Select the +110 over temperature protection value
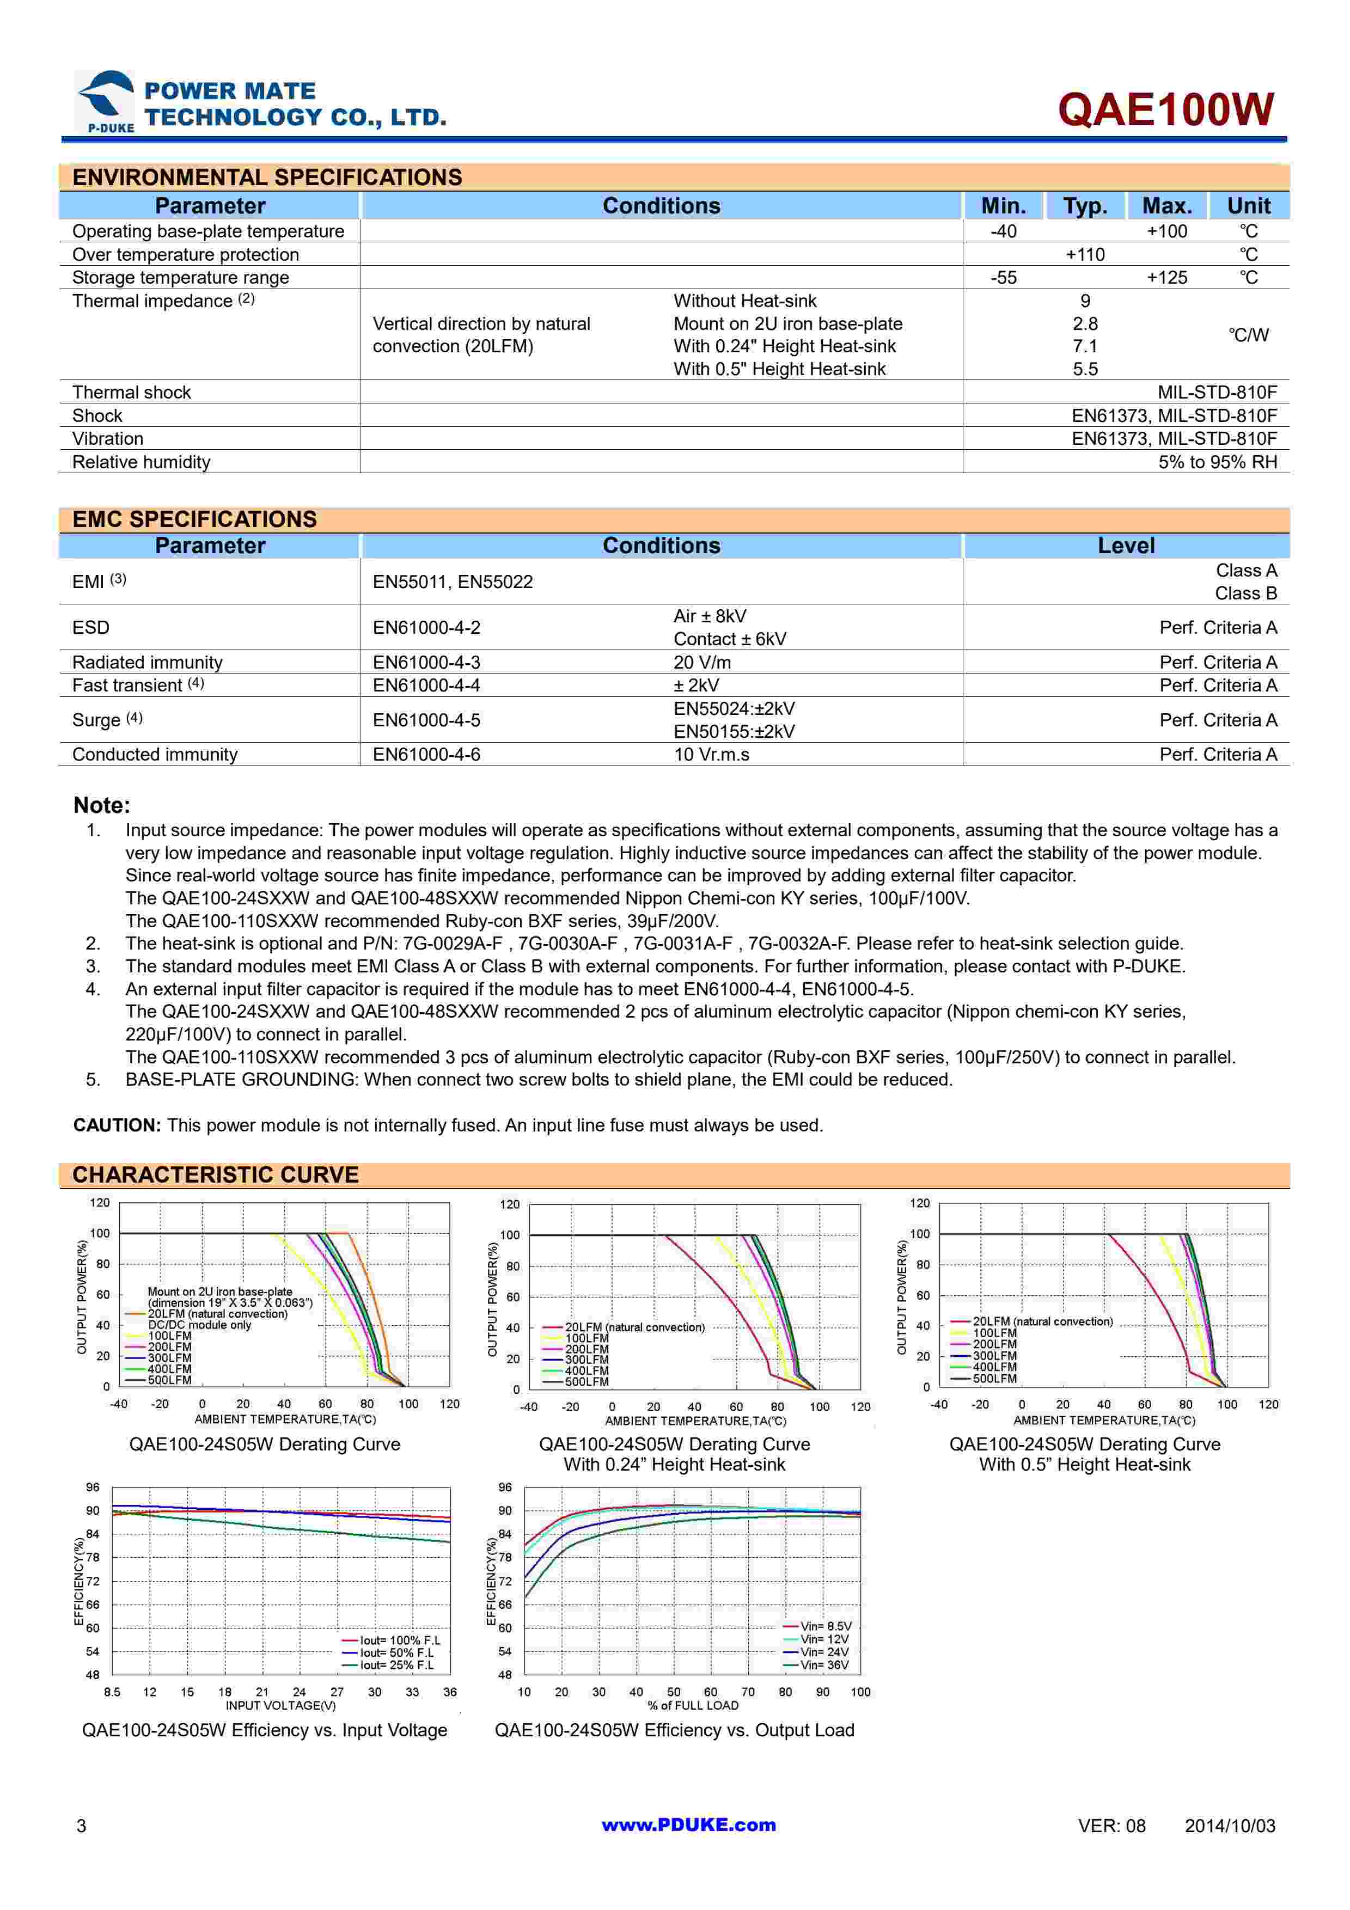pyautogui.click(x=1085, y=255)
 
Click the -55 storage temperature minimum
pyautogui.click(x=1003, y=278)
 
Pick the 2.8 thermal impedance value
pyautogui.click(x=1085, y=323)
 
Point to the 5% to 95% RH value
pyautogui.click(x=1217, y=462)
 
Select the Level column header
pyautogui.click(x=1126, y=546)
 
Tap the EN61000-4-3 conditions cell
pyautogui.click(x=427, y=662)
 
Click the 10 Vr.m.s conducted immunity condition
pyautogui.click(x=711, y=755)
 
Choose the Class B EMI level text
pyautogui.click(x=1245, y=593)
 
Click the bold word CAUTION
pyautogui.click(x=117, y=1125)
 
